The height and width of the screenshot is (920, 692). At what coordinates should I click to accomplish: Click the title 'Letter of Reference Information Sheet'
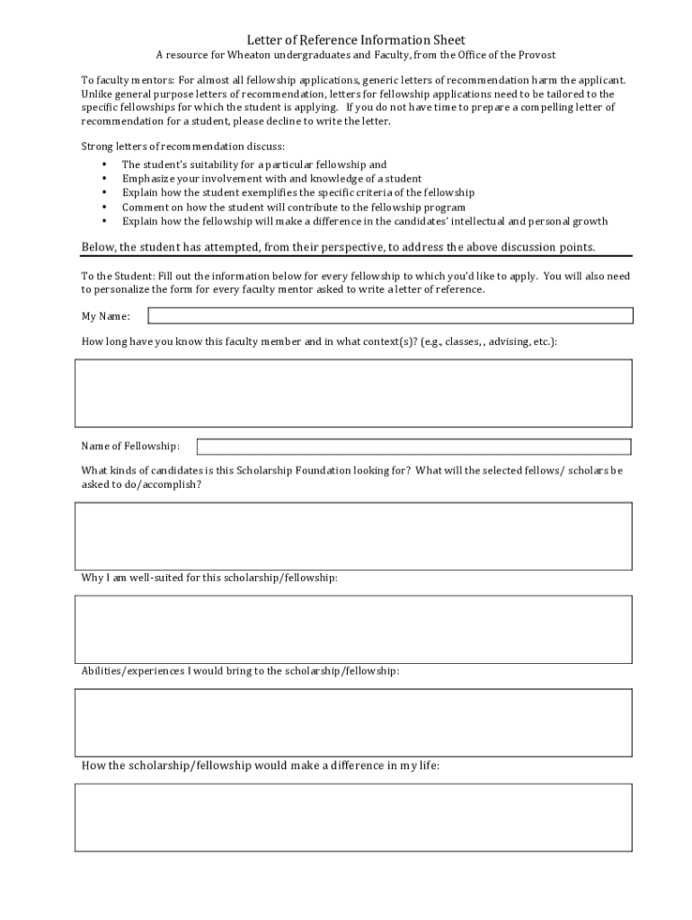(x=356, y=40)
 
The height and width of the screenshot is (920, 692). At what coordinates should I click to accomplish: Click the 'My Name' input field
(x=390, y=315)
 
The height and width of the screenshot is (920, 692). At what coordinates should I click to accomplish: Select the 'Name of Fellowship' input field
(x=413, y=447)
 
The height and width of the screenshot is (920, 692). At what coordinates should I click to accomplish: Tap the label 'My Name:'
(x=106, y=316)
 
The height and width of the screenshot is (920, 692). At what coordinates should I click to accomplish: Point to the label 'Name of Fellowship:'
(x=130, y=447)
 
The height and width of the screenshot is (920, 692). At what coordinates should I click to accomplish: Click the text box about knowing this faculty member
(x=353, y=393)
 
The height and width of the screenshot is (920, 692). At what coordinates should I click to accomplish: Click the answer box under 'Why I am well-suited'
(x=353, y=629)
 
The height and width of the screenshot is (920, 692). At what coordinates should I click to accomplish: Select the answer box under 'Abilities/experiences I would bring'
(x=353, y=722)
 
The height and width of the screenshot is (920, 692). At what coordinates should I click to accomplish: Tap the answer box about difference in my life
(x=353, y=817)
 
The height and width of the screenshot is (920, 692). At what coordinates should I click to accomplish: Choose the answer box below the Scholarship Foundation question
(x=353, y=535)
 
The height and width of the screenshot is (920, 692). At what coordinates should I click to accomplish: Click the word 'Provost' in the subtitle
(x=537, y=55)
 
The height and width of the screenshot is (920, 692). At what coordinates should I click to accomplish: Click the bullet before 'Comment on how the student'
(x=104, y=207)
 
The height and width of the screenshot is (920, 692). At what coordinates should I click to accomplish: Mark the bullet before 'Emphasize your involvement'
(x=104, y=179)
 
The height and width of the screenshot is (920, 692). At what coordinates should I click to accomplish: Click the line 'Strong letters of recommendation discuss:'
(x=183, y=146)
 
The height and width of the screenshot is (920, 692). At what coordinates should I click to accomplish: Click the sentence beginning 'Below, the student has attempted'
(x=338, y=247)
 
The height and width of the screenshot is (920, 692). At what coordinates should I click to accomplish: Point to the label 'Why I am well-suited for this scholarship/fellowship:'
(x=209, y=578)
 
